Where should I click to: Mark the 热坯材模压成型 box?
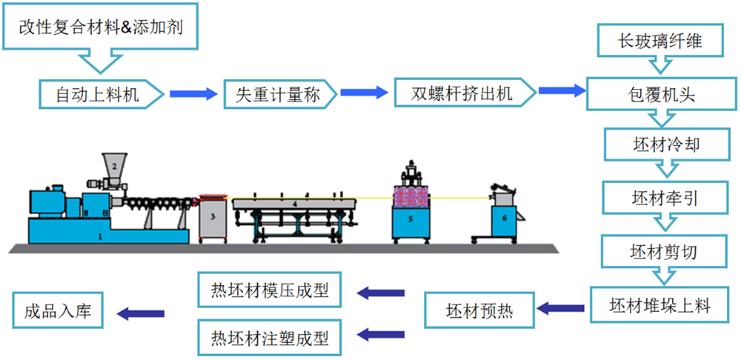[x=270, y=290]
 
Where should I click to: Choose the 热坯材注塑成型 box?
[x=270, y=338]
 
